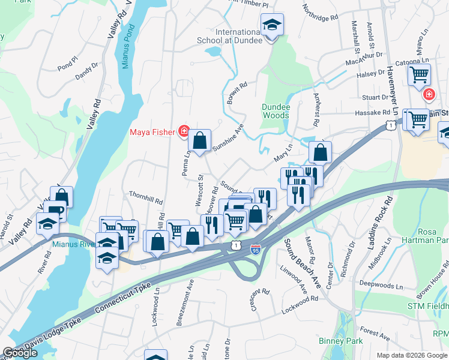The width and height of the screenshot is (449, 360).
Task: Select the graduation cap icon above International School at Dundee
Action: point(272,25)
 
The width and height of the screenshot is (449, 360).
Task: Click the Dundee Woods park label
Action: point(276,111)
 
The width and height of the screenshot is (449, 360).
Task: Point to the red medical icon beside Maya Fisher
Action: point(184,131)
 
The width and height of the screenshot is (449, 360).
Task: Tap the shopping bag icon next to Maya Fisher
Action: point(200,142)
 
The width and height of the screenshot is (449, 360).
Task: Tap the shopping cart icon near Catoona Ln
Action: point(419,76)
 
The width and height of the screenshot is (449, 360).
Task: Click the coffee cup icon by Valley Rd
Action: point(55,211)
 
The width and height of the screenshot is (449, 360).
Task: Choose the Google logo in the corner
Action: point(20,353)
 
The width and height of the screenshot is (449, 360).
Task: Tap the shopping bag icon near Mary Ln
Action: point(321,152)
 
